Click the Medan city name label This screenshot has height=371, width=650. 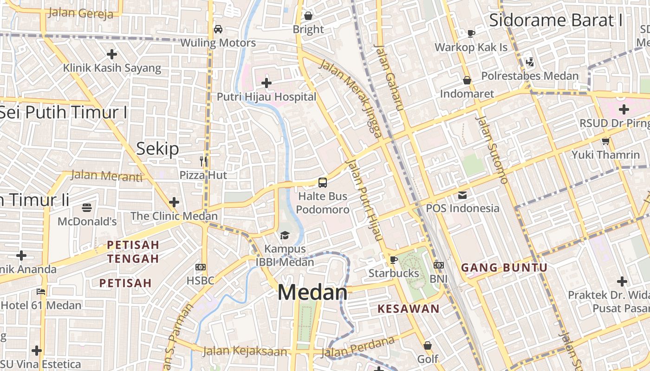coord(312,293)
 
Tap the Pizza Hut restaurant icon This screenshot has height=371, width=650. coord(203,161)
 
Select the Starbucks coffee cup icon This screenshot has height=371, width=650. coord(394,260)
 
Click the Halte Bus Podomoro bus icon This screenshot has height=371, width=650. coord(323,183)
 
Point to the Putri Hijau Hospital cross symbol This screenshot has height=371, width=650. coord(266,83)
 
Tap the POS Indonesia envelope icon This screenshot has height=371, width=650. coord(462,195)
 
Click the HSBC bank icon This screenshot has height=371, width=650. coord(201,267)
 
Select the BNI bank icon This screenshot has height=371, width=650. coord(438,265)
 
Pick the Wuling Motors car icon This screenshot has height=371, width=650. coord(218,29)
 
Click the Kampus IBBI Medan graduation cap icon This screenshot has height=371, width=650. coord(284,236)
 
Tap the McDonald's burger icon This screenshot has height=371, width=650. coord(87,207)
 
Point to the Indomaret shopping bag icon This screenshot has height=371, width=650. coord(467,81)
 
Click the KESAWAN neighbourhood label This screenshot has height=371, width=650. coord(409,309)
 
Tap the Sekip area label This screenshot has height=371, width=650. coord(157,148)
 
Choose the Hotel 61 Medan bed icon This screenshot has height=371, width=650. coord(41,292)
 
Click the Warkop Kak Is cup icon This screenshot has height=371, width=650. coord(471,33)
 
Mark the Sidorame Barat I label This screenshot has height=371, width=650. coord(556,20)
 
